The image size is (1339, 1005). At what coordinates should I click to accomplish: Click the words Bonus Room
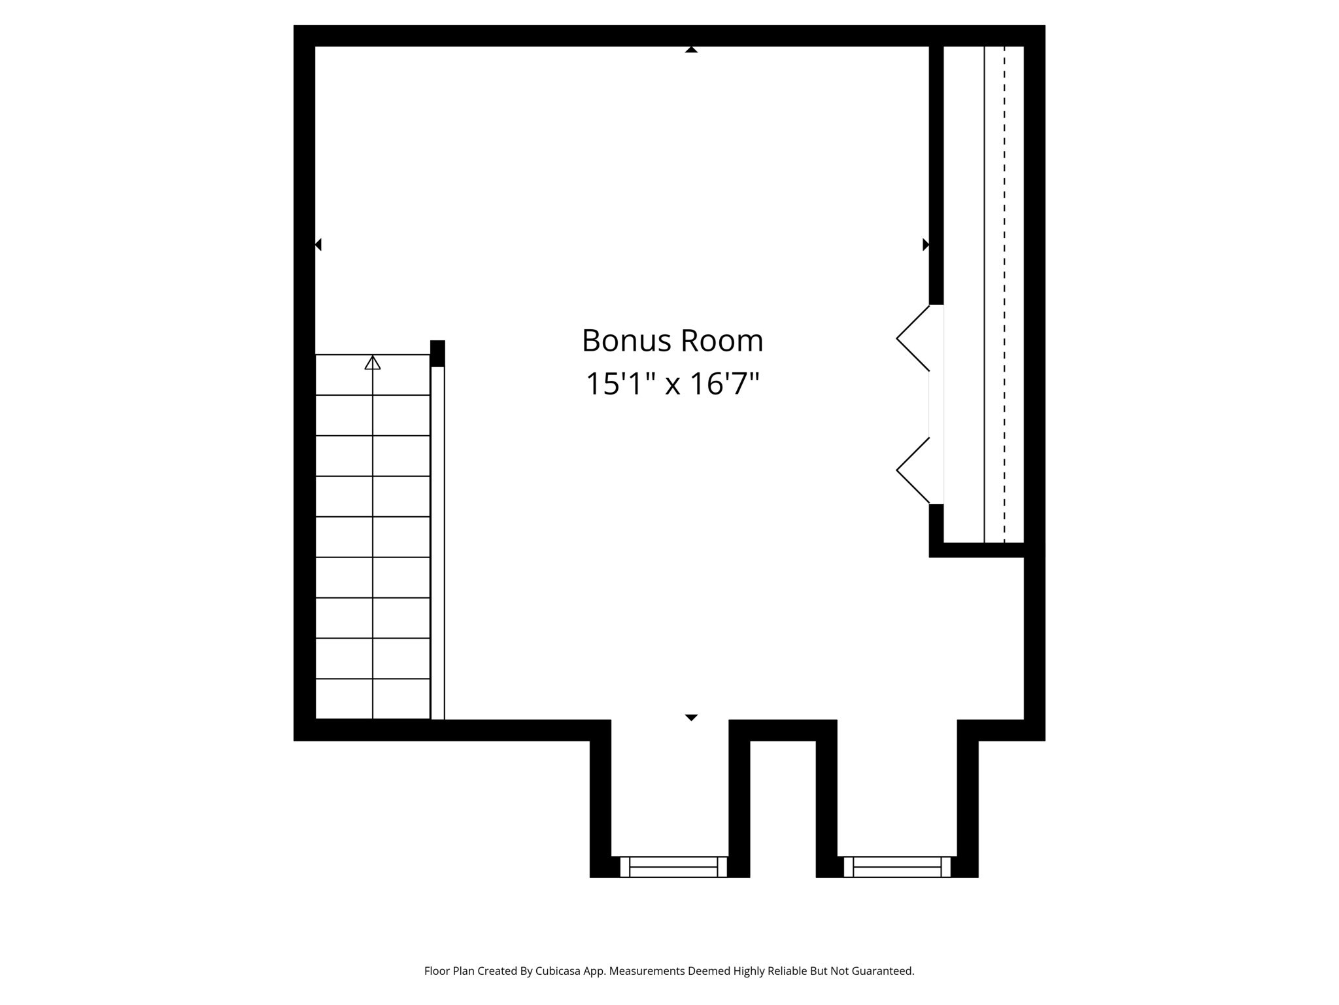click(x=672, y=341)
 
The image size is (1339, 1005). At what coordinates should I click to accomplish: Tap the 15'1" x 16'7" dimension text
click(x=672, y=384)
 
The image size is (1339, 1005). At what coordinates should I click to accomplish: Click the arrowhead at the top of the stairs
click(x=372, y=362)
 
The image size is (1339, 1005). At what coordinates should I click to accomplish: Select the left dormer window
click(x=673, y=866)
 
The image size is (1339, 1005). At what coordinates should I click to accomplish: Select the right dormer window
click(x=896, y=866)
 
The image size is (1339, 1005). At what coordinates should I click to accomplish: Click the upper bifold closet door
click(x=913, y=338)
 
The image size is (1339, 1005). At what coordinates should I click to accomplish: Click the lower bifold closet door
click(x=913, y=470)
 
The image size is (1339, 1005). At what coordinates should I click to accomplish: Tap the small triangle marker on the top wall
click(x=691, y=50)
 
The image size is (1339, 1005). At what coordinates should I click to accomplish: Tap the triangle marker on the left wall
click(x=318, y=245)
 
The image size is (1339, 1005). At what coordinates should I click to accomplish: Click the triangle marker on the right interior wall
click(x=925, y=245)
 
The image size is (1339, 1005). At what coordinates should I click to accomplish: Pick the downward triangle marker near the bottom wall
click(x=691, y=718)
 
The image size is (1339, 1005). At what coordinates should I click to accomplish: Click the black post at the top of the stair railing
click(x=437, y=353)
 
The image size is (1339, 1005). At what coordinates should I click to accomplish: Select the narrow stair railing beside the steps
click(x=437, y=543)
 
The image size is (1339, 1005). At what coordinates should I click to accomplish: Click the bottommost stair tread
click(x=372, y=699)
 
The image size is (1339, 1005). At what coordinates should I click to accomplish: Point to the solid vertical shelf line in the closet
click(x=984, y=294)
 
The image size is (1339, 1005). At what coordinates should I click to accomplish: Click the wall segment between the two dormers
click(x=783, y=730)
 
